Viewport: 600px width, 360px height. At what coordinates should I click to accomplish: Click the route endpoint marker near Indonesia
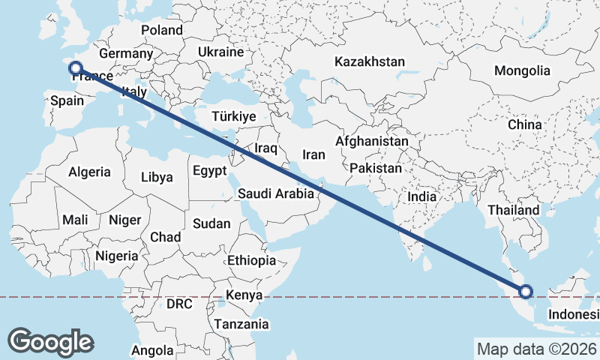coord(526,292)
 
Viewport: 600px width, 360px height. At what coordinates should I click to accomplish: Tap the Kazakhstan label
coord(370,61)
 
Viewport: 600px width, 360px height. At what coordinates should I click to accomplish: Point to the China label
coord(524,124)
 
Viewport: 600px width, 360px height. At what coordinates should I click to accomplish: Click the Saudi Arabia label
coord(276,193)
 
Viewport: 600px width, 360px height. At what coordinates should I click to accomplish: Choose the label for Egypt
coord(209,171)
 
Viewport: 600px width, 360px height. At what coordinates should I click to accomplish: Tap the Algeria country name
coord(89,172)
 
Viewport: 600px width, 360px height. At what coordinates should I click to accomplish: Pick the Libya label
coord(157,178)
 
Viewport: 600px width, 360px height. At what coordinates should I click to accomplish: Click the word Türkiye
coord(234,117)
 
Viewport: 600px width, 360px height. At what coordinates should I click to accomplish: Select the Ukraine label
coord(221,52)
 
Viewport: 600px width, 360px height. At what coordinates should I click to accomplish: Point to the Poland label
coord(162,30)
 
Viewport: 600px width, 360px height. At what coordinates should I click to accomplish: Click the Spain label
coord(66,100)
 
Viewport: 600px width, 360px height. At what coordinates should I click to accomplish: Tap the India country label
coord(421,196)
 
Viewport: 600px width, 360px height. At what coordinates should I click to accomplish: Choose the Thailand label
coord(514,211)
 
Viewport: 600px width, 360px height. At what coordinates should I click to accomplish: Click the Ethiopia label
coord(251,261)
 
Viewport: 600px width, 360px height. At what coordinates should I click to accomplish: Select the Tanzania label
coord(241,325)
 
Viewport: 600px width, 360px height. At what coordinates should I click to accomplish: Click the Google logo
coord(50,341)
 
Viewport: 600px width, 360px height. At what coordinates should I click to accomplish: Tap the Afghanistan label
coord(372,141)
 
